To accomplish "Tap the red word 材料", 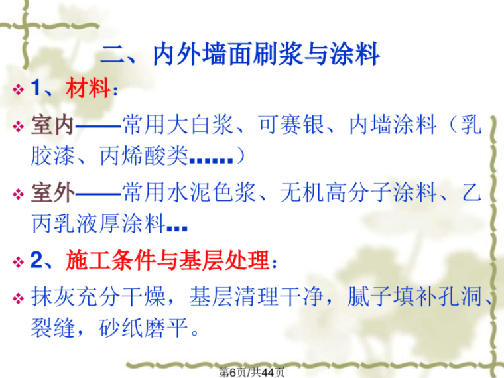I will [88, 90].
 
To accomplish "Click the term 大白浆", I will [190, 125].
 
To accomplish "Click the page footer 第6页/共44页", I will [252, 371].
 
